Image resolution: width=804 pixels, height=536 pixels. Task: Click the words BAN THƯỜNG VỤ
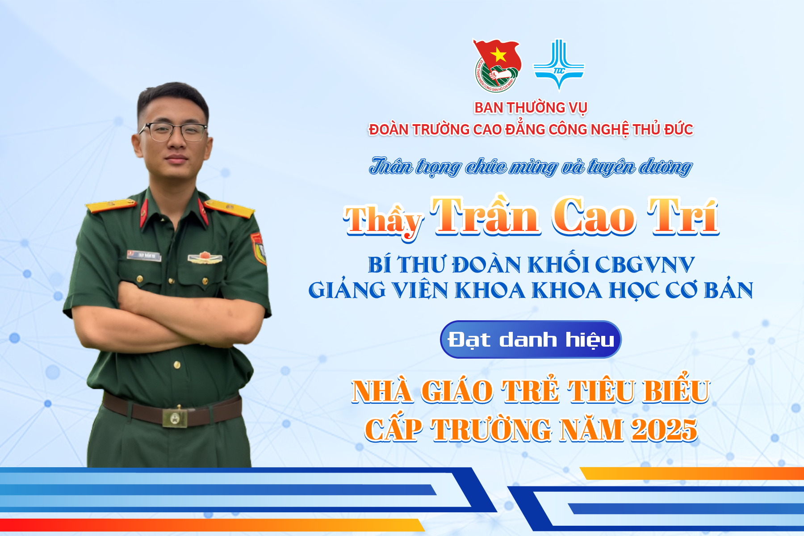531,108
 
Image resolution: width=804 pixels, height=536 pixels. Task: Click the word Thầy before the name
384,221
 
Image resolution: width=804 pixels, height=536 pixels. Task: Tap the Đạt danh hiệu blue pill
531,339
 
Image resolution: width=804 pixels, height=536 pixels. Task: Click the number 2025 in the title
664,430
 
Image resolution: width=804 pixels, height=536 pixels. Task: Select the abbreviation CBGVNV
645,265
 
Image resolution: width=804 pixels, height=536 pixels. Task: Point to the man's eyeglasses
173,132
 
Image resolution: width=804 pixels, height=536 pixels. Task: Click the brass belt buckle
175,417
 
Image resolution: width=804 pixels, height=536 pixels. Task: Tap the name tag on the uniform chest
144,255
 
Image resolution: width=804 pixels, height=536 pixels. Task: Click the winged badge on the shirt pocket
205,258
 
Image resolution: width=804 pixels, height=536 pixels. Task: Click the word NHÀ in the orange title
382,391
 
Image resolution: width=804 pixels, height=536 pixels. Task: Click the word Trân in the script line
391,166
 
